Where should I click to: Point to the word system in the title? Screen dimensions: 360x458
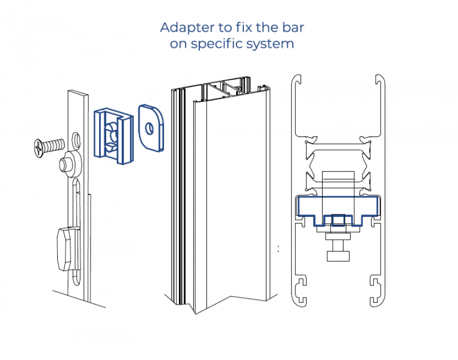tap(273, 45)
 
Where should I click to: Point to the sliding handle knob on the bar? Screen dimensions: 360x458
tap(67, 247)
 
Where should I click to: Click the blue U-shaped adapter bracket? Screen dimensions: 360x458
tap(113, 135)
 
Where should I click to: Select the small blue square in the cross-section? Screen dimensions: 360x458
tap(338, 221)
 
